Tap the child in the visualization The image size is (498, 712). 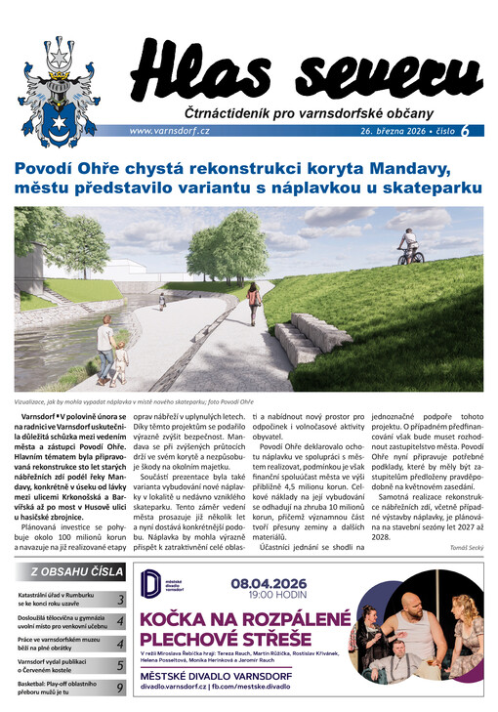coord(120,361)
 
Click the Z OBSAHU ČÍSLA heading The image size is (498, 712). coord(75,572)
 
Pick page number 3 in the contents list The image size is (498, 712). coord(120,601)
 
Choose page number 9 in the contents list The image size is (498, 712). coord(120,688)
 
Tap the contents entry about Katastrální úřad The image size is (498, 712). coord(61,600)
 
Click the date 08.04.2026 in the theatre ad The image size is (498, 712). coord(272,583)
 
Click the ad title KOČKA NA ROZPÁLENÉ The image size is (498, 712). coord(245,618)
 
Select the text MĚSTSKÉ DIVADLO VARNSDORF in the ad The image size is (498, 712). coord(230,673)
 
